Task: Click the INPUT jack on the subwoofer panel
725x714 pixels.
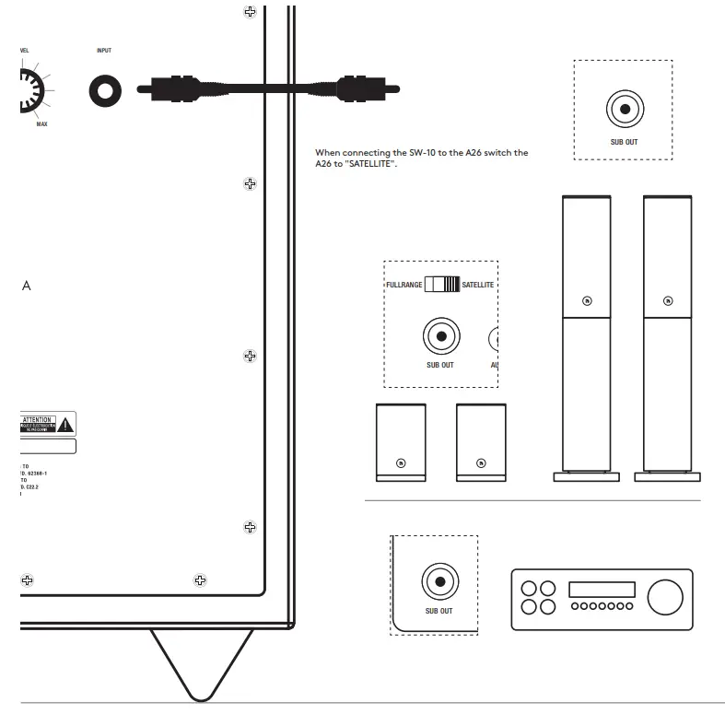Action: [x=105, y=90]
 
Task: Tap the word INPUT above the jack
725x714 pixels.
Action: [x=104, y=51]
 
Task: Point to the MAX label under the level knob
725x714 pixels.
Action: [x=41, y=123]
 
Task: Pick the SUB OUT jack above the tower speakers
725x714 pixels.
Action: [x=625, y=110]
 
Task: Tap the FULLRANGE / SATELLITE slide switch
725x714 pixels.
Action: [x=441, y=285]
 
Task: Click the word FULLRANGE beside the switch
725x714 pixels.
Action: [x=403, y=286]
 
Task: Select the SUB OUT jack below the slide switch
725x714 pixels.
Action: [x=440, y=337]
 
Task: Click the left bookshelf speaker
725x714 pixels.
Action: [x=401, y=442]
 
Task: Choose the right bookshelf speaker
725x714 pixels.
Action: [x=481, y=442]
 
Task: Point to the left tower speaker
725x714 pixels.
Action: [x=587, y=332]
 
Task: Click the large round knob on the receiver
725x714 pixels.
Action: [x=665, y=597]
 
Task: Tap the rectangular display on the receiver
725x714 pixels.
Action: [x=601, y=590]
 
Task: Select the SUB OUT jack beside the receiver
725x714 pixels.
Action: [x=439, y=582]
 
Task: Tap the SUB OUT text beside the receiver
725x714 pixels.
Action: [x=439, y=611]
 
